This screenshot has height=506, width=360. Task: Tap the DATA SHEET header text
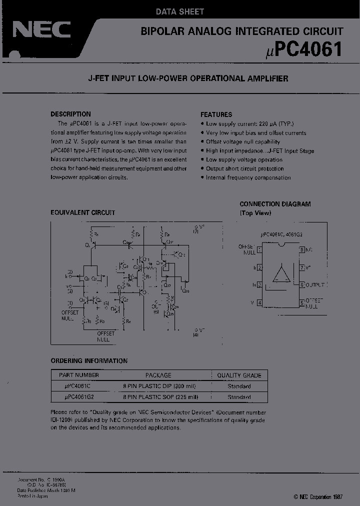180,11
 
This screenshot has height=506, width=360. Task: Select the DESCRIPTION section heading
71,114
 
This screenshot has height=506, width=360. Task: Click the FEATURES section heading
216,114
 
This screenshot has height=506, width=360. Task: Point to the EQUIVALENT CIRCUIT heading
83,212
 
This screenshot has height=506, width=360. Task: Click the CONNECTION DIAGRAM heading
275,204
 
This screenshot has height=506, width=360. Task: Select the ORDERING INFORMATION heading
89,360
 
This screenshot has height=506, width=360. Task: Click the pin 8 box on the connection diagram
302,249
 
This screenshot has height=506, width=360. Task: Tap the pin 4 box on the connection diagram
259,302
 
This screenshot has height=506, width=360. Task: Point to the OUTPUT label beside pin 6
315,284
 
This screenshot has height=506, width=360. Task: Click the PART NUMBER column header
79,375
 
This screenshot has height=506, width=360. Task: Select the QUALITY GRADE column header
239,375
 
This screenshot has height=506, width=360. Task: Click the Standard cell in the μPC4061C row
239,386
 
